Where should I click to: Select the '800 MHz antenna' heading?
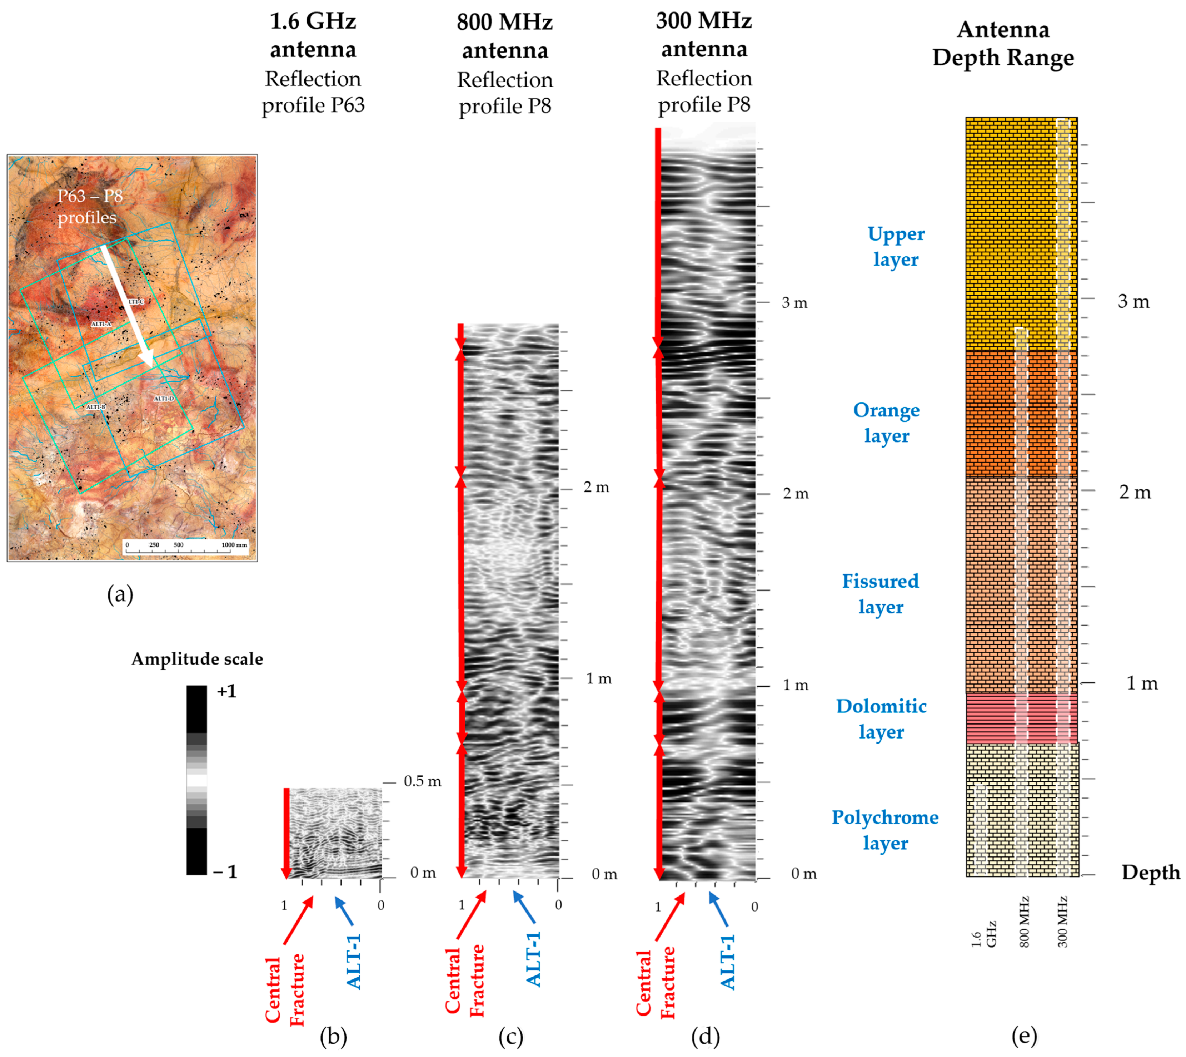[504, 36]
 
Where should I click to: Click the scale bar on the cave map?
[186, 547]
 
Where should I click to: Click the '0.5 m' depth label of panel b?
[422, 781]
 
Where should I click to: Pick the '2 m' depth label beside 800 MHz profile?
[596, 487]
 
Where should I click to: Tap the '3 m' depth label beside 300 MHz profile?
[794, 302]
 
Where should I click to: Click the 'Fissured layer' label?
[880, 593]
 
